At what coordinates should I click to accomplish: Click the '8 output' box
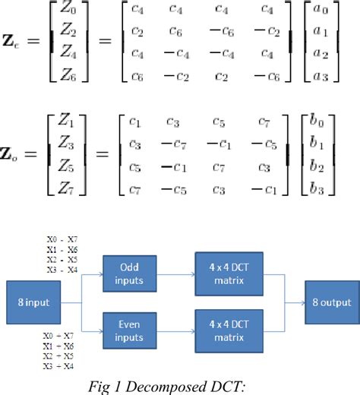tap(329, 300)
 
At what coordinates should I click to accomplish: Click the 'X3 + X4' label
tap(60, 367)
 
